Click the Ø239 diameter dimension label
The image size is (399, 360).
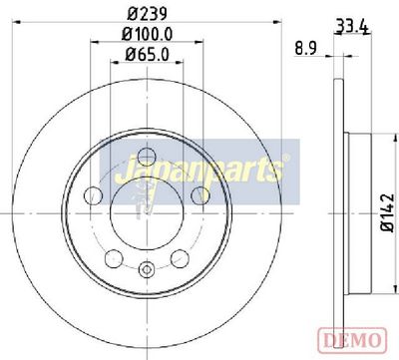147,14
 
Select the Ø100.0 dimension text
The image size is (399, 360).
147,34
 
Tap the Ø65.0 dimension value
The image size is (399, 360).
147,54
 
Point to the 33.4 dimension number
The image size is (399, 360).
352,27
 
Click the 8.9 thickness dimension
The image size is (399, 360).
306,49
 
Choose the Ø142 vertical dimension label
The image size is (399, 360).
388,212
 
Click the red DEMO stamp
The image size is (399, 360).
352,340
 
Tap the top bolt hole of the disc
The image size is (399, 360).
147,157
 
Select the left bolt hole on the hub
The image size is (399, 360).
93,195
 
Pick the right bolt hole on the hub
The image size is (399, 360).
200,195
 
